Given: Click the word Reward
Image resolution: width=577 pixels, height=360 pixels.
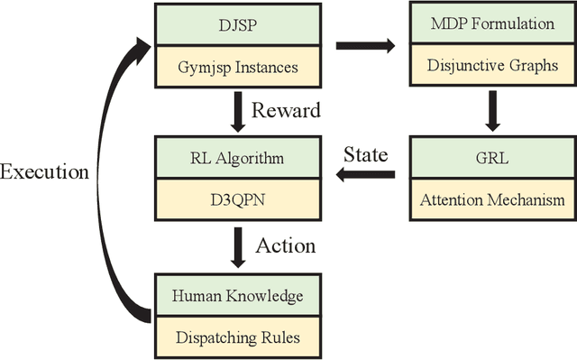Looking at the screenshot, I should [284, 112].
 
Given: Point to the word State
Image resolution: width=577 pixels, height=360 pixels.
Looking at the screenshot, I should [365, 154].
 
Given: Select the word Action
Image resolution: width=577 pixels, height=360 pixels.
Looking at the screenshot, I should [286, 245].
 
